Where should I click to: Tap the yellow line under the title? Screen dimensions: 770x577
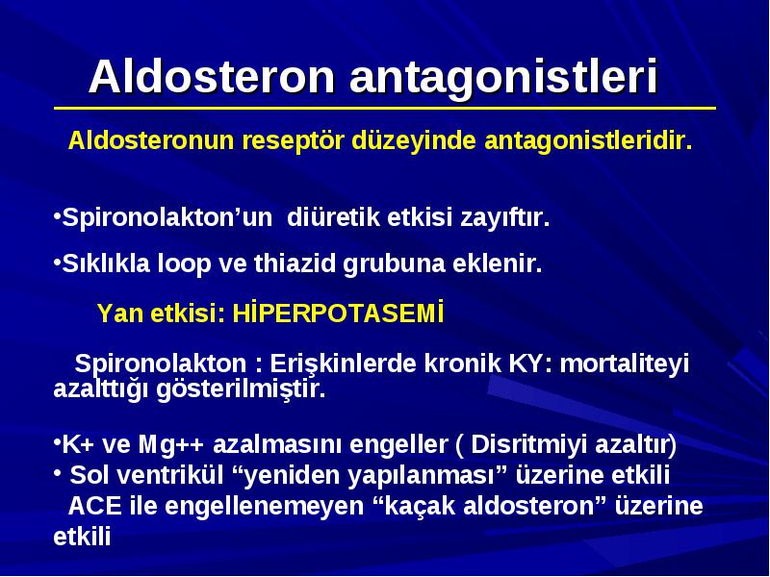(x=384, y=108)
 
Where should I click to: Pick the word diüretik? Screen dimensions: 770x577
(x=333, y=217)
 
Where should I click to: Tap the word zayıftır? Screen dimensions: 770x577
(x=504, y=218)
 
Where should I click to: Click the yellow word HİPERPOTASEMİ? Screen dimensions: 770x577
(x=339, y=314)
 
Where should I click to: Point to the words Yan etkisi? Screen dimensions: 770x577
(x=161, y=314)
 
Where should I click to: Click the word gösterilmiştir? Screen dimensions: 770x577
(x=242, y=389)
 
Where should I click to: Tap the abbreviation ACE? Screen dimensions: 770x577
(x=94, y=507)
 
